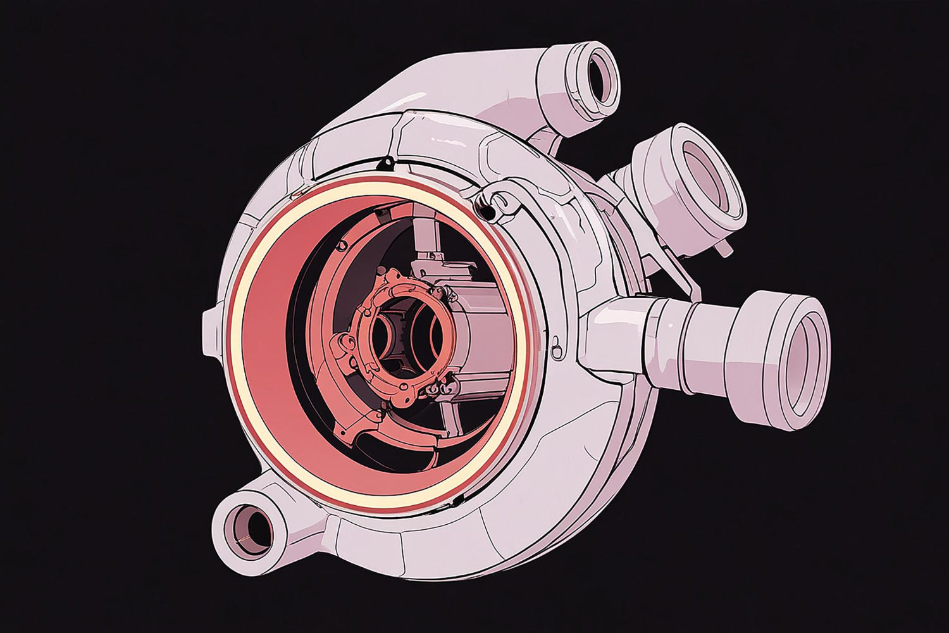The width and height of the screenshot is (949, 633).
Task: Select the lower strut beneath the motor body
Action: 450,418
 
